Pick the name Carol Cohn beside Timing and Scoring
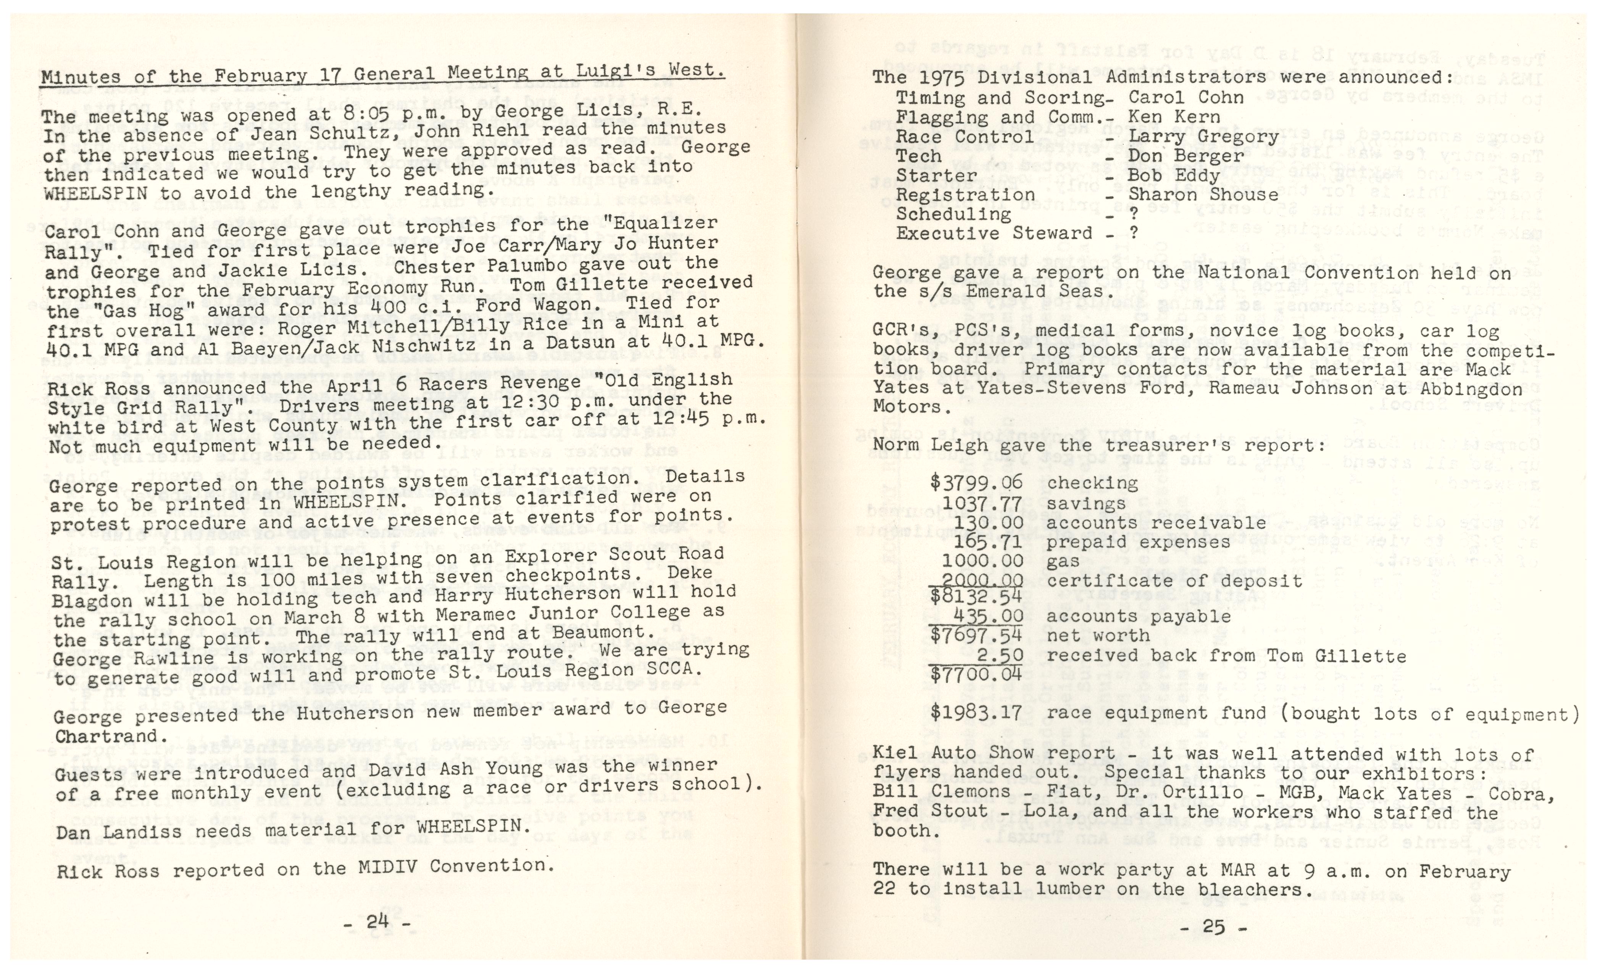(1186, 98)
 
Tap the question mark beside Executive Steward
(1133, 234)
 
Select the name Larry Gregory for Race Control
(1203, 137)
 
